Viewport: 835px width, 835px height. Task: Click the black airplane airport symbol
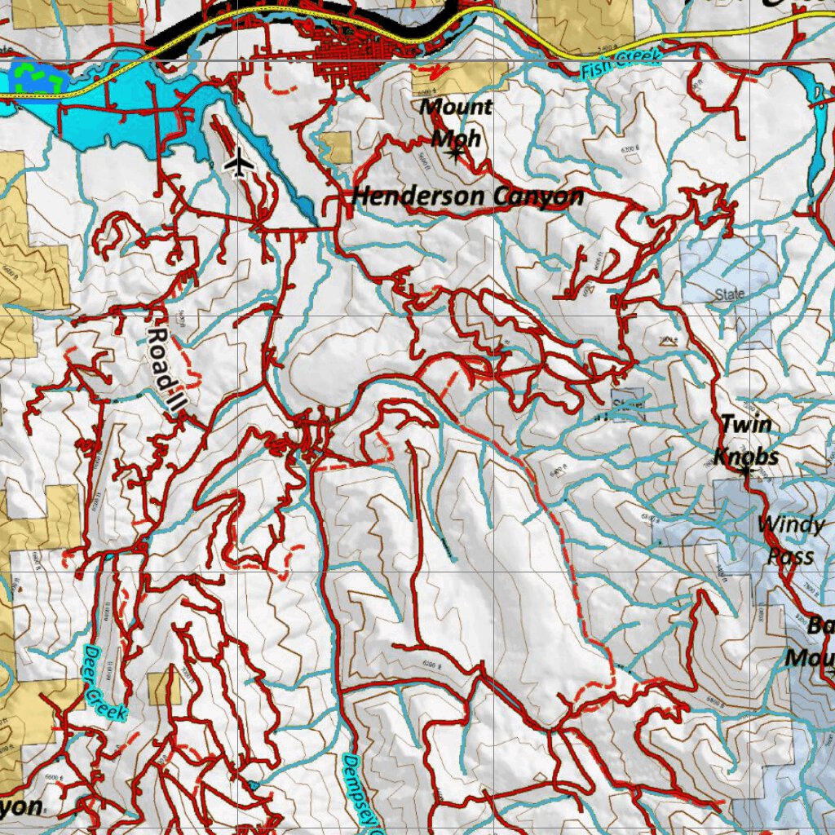click(x=239, y=163)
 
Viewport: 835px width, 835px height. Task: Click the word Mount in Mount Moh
click(x=457, y=106)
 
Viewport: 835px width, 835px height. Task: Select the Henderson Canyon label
click(x=468, y=197)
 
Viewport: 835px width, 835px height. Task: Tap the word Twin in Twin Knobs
click(x=745, y=423)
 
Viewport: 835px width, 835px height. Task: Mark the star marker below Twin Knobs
click(x=746, y=471)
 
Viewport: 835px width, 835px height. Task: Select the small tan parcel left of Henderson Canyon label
click(x=335, y=147)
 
